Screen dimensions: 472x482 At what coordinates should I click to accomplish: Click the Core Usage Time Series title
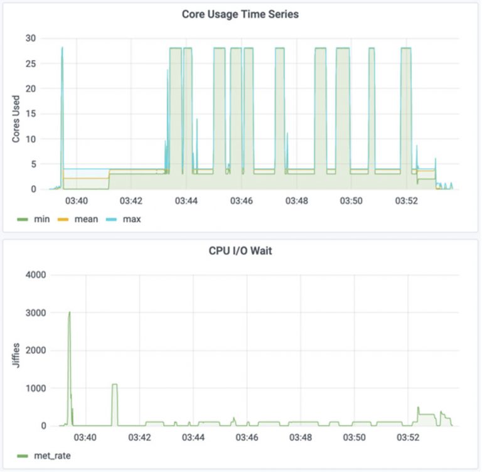[240, 14]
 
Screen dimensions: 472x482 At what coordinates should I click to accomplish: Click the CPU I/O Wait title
[240, 251]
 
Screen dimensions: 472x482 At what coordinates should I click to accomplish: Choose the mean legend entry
[79, 219]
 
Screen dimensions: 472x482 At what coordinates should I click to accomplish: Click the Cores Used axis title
[16, 119]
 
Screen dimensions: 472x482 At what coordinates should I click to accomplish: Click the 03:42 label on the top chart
[131, 201]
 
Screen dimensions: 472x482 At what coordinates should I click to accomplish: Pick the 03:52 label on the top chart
[406, 201]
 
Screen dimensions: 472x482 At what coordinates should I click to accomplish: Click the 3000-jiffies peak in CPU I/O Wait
[69, 313]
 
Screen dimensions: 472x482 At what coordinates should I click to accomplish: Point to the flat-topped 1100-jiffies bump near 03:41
[114, 385]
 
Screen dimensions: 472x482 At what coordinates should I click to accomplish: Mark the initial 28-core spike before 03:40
[62, 48]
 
